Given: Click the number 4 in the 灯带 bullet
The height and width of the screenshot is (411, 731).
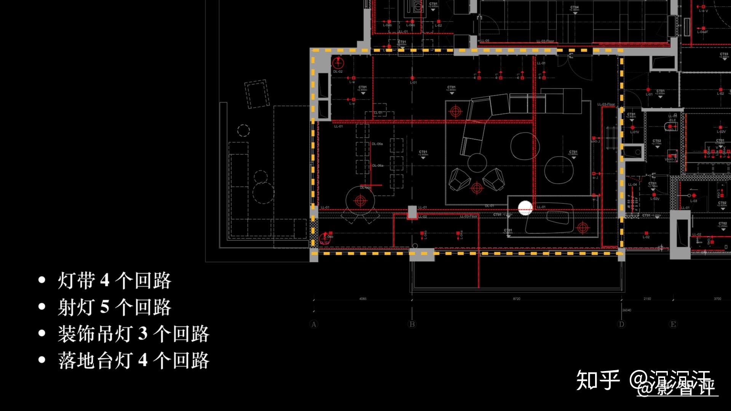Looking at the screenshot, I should coord(105,281).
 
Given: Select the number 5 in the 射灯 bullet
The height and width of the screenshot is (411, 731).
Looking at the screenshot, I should coord(105,307).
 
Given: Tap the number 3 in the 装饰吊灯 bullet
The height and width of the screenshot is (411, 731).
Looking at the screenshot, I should coord(143,334).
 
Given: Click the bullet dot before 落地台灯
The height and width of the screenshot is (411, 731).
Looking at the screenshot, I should coord(42,360).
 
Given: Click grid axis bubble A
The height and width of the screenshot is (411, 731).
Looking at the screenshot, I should coord(314,325).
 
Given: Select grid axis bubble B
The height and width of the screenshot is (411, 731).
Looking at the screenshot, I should coord(412,325).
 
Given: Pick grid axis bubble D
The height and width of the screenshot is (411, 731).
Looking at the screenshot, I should coord(621,325).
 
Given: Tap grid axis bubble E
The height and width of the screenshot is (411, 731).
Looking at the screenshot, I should coord(673,325).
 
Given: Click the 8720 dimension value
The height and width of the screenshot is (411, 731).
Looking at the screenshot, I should coord(516,299).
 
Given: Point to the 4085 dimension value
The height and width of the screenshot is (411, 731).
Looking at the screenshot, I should coord(363,299).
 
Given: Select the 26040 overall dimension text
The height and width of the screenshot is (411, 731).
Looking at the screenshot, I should coord(627,310).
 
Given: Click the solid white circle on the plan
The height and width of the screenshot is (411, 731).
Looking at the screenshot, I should coord(525,208).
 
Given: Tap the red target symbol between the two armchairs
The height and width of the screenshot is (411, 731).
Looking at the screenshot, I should coord(477,188).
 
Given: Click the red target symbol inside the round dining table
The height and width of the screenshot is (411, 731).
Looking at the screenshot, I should coord(360,201).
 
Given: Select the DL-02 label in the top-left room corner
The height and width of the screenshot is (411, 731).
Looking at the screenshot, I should coord(338,72).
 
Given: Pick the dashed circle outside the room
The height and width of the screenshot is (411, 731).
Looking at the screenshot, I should coord(244,131).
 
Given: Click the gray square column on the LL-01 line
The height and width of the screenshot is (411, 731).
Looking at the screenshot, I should coord(412,212).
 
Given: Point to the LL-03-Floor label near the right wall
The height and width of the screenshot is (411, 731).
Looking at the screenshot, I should coord(606,104).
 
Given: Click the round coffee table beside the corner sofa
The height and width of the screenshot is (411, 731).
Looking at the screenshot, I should coord(525,146).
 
